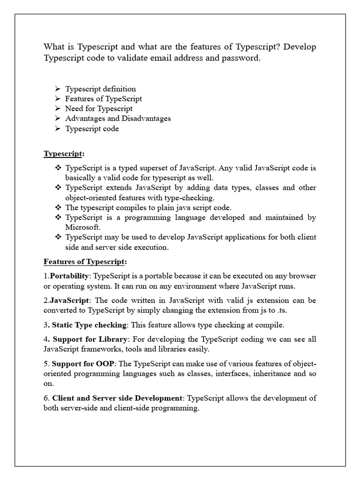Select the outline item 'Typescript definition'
tap(100, 89)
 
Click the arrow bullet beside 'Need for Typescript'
tap(57, 109)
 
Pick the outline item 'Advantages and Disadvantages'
tap(118, 119)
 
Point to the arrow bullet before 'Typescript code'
tap(57, 128)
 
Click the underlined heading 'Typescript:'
tap(64, 154)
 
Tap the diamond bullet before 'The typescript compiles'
tap(58, 207)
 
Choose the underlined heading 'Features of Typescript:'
tap(85, 261)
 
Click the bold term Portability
tap(70, 276)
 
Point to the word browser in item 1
tap(302, 276)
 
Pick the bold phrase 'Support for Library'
tap(88, 339)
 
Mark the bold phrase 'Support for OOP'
tap(83, 364)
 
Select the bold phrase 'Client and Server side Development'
tap(117, 398)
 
